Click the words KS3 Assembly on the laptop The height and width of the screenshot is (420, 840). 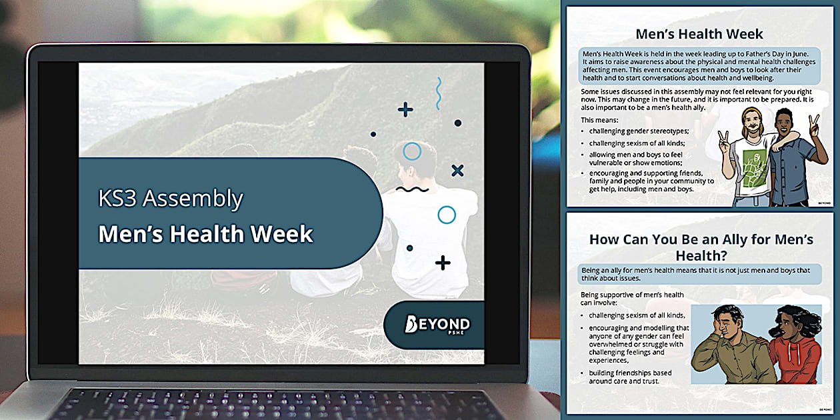[171, 199]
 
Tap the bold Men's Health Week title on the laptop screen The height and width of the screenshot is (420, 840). [205, 234]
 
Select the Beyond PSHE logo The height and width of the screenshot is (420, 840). [437, 325]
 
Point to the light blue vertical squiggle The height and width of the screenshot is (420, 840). [439, 94]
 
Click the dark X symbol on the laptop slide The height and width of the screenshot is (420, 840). [457, 171]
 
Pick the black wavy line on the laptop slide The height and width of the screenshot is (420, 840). [412, 189]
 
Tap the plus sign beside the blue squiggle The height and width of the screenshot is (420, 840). [405, 110]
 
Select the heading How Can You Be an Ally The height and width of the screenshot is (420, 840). [701, 247]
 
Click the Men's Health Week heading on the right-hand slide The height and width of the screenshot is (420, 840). [699, 34]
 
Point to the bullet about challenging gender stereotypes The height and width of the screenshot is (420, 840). [639, 131]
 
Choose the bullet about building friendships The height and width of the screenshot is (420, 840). [630, 377]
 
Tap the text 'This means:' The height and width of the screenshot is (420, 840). [599, 120]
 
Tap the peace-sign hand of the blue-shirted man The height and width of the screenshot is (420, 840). [814, 127]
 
